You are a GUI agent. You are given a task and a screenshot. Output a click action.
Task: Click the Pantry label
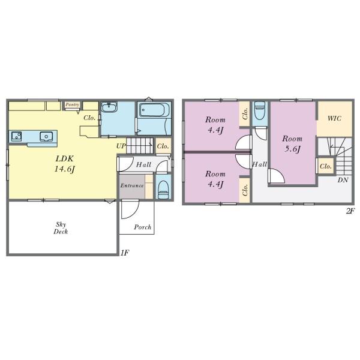point(72,104)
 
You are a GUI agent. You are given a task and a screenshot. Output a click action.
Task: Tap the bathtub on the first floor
point(154,110)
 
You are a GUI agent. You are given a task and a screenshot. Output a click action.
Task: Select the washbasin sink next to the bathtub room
point(109,107)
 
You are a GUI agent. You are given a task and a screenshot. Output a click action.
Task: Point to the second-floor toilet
point(260,111)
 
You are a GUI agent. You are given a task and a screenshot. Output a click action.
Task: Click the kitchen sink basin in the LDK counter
point(46,136)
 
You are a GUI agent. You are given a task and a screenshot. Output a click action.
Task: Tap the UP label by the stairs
point(121,146)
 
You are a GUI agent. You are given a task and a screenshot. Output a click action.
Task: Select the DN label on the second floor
point(343,180)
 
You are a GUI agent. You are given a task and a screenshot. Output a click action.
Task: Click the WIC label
point(334,118)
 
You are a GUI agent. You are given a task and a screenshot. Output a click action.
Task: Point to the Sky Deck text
point(61,228)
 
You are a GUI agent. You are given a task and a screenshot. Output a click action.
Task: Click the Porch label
point(143,227)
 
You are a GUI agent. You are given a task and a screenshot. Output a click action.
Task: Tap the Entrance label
point(132,185)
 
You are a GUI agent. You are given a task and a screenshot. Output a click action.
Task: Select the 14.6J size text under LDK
point(65,169)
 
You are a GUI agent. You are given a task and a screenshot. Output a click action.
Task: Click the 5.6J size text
point(292,149)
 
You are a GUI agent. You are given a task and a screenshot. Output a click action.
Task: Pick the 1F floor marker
point(125,253)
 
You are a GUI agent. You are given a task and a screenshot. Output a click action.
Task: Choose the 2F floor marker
point(350,211)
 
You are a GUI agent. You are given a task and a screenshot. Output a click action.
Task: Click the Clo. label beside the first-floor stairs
point(163,146)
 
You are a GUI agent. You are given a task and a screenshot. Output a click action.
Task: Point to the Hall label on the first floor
point(143,164)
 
